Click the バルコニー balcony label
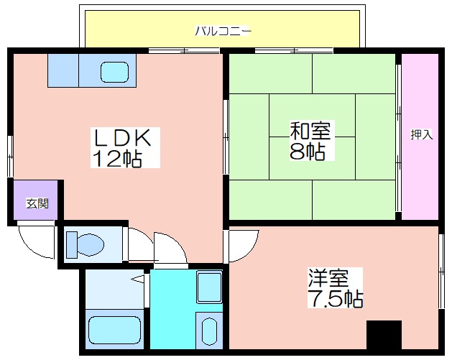223,31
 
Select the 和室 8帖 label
310,140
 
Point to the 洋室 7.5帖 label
336,288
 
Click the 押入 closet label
421,134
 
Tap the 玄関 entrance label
37,203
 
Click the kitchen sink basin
114,72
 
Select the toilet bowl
91,245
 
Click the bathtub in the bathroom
114,329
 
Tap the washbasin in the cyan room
209,331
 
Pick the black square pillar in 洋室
384,335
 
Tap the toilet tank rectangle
72,245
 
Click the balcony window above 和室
294,51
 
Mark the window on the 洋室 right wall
441,271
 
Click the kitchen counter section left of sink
63,70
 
